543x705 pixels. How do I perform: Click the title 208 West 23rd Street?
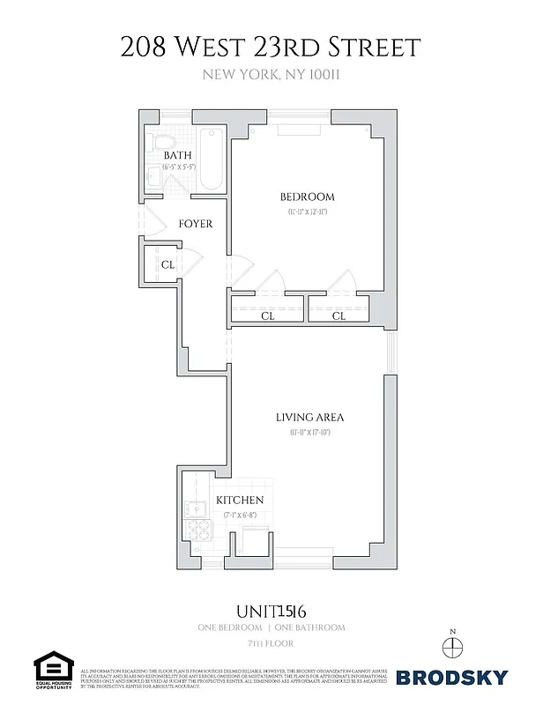(x=271, y=47)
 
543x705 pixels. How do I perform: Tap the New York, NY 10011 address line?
(x=271, y=75)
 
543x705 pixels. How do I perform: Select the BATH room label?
(x=177, y=156)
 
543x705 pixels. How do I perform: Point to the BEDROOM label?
(x=307, y=197)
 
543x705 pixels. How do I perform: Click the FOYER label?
(x=195, y=224)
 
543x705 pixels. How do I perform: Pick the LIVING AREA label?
(x=309, y=417)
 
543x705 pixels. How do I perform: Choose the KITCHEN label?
(x=240, y=501)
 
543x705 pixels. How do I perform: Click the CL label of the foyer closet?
(x=167, y=263)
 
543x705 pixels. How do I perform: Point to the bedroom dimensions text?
(x=307, y=211)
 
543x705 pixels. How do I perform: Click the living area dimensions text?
(x=309, y=432)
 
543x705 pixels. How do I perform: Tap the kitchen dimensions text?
(x=241, y=514)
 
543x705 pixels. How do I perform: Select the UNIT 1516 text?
(x=271, y=609)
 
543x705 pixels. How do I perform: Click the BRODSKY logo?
(x=451, y=678)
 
